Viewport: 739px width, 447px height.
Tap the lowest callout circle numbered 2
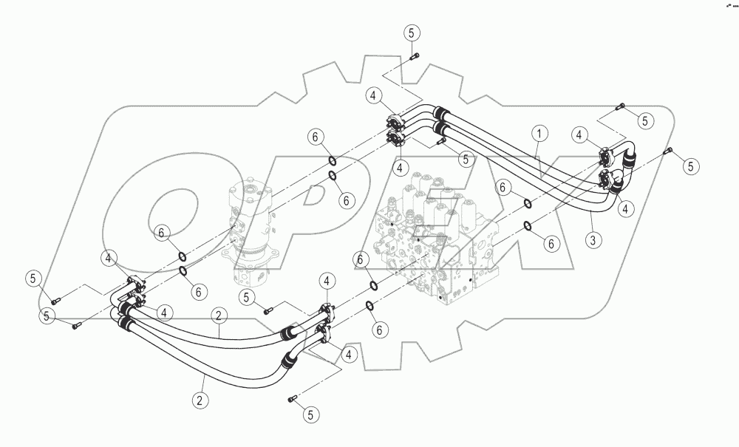point(199,401)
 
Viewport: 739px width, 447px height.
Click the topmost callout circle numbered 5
point(412,33)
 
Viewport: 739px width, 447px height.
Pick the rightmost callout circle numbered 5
point(690,166)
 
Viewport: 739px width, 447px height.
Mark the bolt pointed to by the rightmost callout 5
point(669,151)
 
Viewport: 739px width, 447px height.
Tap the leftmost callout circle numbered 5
point(33,278)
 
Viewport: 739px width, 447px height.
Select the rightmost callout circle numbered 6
point(551,243)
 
